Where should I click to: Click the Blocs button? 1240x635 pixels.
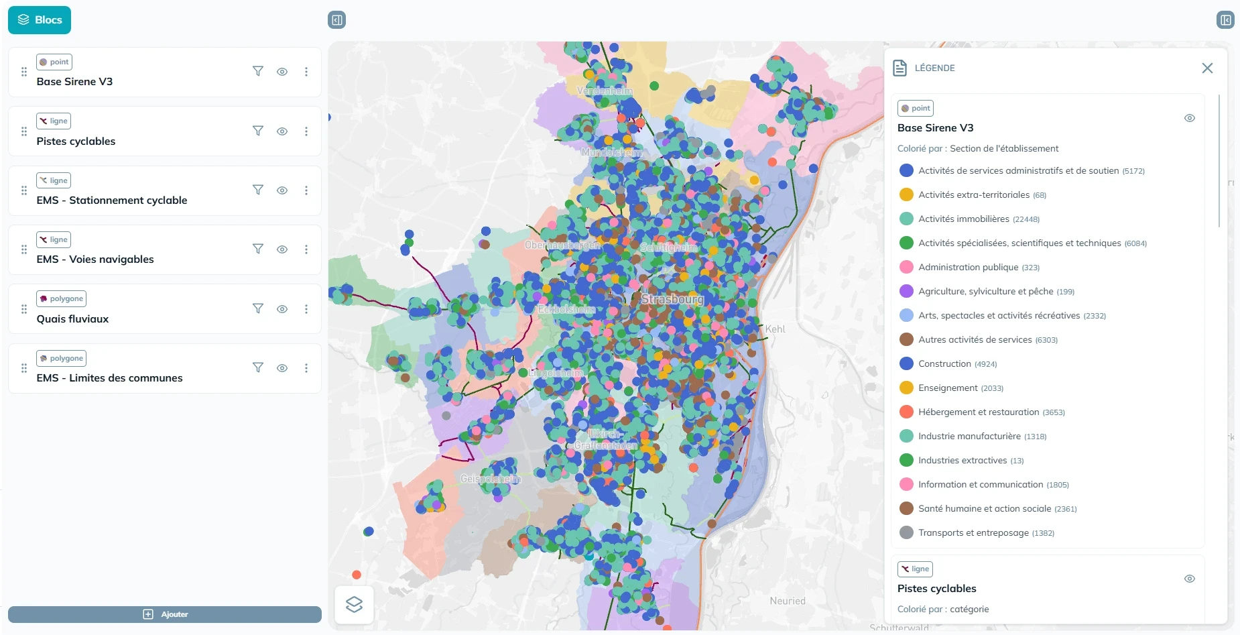coord(40,20)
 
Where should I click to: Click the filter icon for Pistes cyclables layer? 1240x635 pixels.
coord(258,131)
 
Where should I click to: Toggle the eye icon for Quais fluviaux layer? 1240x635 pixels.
coord(282,309)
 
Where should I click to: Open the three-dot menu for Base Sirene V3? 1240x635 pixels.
coord(306,72)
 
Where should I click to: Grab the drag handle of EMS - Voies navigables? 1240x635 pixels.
coord(24,249)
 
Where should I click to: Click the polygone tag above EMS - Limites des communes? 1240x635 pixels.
coord(62,358)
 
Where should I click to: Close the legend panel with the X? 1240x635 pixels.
coord(1207,68)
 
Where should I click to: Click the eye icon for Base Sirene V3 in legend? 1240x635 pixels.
coord(1190,118)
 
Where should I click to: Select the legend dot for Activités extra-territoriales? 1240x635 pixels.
coord(906,195)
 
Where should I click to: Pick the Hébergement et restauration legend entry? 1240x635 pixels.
coord(978,412)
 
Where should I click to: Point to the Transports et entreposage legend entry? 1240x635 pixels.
coord(973,533)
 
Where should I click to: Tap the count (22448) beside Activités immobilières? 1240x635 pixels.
coord(1026,220)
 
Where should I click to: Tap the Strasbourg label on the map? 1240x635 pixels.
coord(672,299)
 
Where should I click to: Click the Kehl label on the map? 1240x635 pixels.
coord(776,329)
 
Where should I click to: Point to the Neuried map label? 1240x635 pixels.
coord(788,601)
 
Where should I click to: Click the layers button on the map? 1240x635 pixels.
coord(355,604)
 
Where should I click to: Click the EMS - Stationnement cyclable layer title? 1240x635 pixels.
coord(112,200)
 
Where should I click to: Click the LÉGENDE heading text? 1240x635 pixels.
coord(934,68)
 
